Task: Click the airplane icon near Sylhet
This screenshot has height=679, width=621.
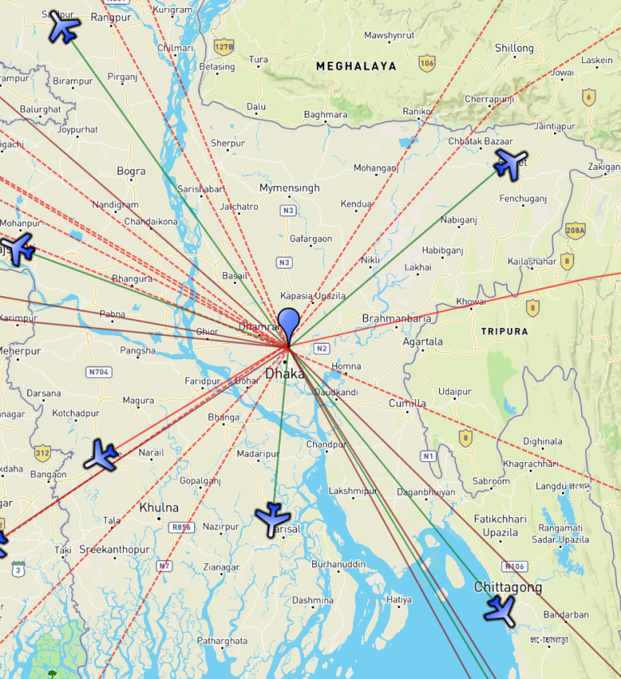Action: (x=509, y=163)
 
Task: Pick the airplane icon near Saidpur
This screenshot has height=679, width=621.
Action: (x=64, y=28)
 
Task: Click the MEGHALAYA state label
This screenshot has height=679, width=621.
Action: (x=356, y=66)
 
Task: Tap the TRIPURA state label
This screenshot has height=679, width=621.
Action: (x=504, y=332)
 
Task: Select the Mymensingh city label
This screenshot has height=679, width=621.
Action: (x=289, y=188)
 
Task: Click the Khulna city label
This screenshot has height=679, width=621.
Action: (x=158, y=507)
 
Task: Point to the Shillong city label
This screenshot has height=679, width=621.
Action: (x=514, y=49)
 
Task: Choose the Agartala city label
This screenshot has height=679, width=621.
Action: (x=423, y=342)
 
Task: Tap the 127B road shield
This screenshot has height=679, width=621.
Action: (x=224, y=46)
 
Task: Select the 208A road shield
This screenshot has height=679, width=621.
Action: (x=575, y=230)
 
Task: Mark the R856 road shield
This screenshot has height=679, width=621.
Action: (x=181, y=527)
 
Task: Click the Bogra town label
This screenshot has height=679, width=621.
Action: (x=131, y=172)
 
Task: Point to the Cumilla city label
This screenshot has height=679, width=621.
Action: (x=407, y=403)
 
